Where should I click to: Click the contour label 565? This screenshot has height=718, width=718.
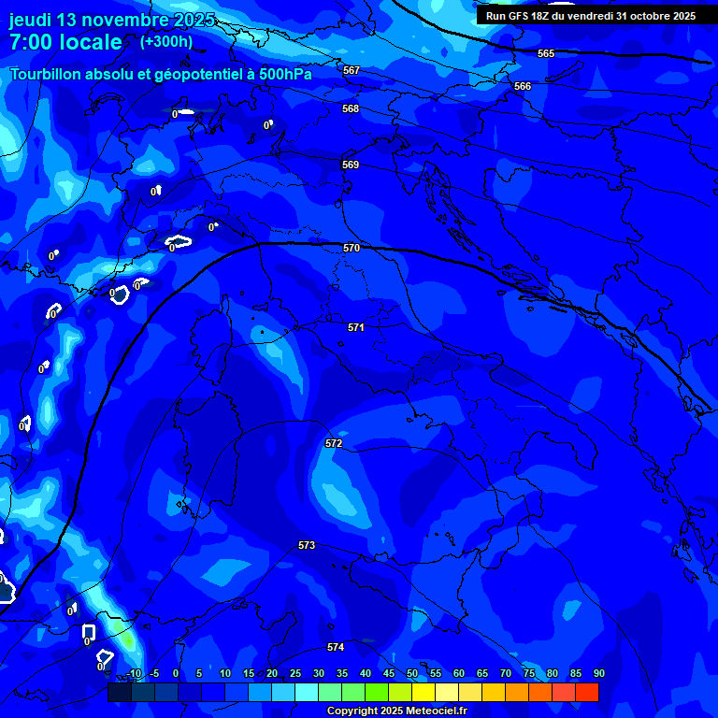pos(546,53)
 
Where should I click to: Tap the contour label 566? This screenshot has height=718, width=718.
pos(523,86)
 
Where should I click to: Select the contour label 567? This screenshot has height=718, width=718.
pos(352,70)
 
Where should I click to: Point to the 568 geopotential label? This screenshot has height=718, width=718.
pos(351,108)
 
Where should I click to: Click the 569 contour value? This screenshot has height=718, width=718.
pos(351,165)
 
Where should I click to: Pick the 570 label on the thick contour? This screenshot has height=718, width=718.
pos(352,248)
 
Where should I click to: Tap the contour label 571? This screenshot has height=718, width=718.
pos(356,327)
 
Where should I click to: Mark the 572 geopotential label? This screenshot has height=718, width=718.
pos(334,442)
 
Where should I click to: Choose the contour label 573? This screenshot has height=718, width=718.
pos(307,544)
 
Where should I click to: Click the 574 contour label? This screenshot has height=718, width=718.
pos(336,647)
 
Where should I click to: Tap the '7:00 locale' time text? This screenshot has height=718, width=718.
pos(65,42)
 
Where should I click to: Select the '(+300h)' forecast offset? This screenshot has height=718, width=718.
pos(166,41)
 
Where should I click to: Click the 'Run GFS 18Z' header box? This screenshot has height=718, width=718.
pos(591,16)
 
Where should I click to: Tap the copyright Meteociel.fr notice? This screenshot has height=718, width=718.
pos(402,711)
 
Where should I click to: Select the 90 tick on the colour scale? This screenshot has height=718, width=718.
pos(598,673)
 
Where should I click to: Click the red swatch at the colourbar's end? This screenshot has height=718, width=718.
pos(587,692)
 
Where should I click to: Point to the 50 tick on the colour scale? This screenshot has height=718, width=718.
pos(412,673)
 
